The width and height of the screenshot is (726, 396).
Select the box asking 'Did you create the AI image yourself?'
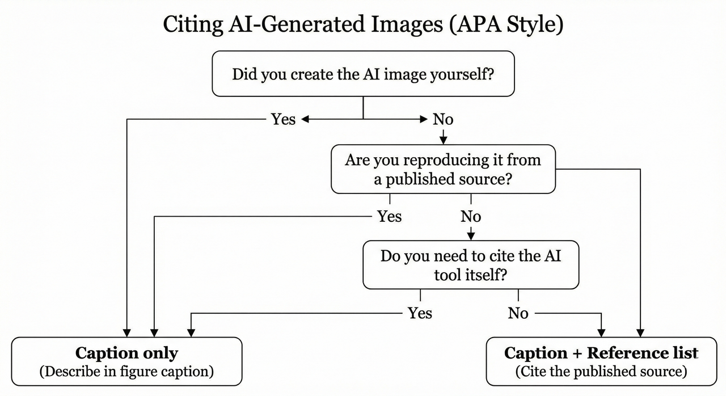[x=363, y=74]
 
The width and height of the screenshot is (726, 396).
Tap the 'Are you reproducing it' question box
[x=443, y=169]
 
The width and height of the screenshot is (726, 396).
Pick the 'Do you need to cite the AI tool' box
[x=471, y=265]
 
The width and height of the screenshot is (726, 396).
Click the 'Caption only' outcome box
[x=126, y=361]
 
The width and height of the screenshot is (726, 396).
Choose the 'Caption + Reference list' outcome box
[x=601, y=361]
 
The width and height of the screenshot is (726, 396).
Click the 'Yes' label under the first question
[x=283, y=119]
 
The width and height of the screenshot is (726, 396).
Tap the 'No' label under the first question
[x=443, y=119]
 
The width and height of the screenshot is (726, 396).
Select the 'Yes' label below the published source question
[x=389, y=216]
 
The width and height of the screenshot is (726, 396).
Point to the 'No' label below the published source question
[x=471, y=216]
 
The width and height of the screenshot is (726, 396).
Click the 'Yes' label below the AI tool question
[x=420, y=313]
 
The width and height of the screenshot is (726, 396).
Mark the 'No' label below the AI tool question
[x=518, y=313]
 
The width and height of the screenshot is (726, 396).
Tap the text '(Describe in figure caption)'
[x=126, y=372]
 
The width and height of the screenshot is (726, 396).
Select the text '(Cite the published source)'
[x=601, y=372]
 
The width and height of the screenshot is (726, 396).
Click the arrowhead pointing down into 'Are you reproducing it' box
[x=443, y=140]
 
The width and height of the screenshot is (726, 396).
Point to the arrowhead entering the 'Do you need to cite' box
[x=471, y=236]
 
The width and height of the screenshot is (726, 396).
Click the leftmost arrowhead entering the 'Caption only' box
[x=126, y=332]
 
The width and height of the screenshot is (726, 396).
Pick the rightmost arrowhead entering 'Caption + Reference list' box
[x=640, y=332]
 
